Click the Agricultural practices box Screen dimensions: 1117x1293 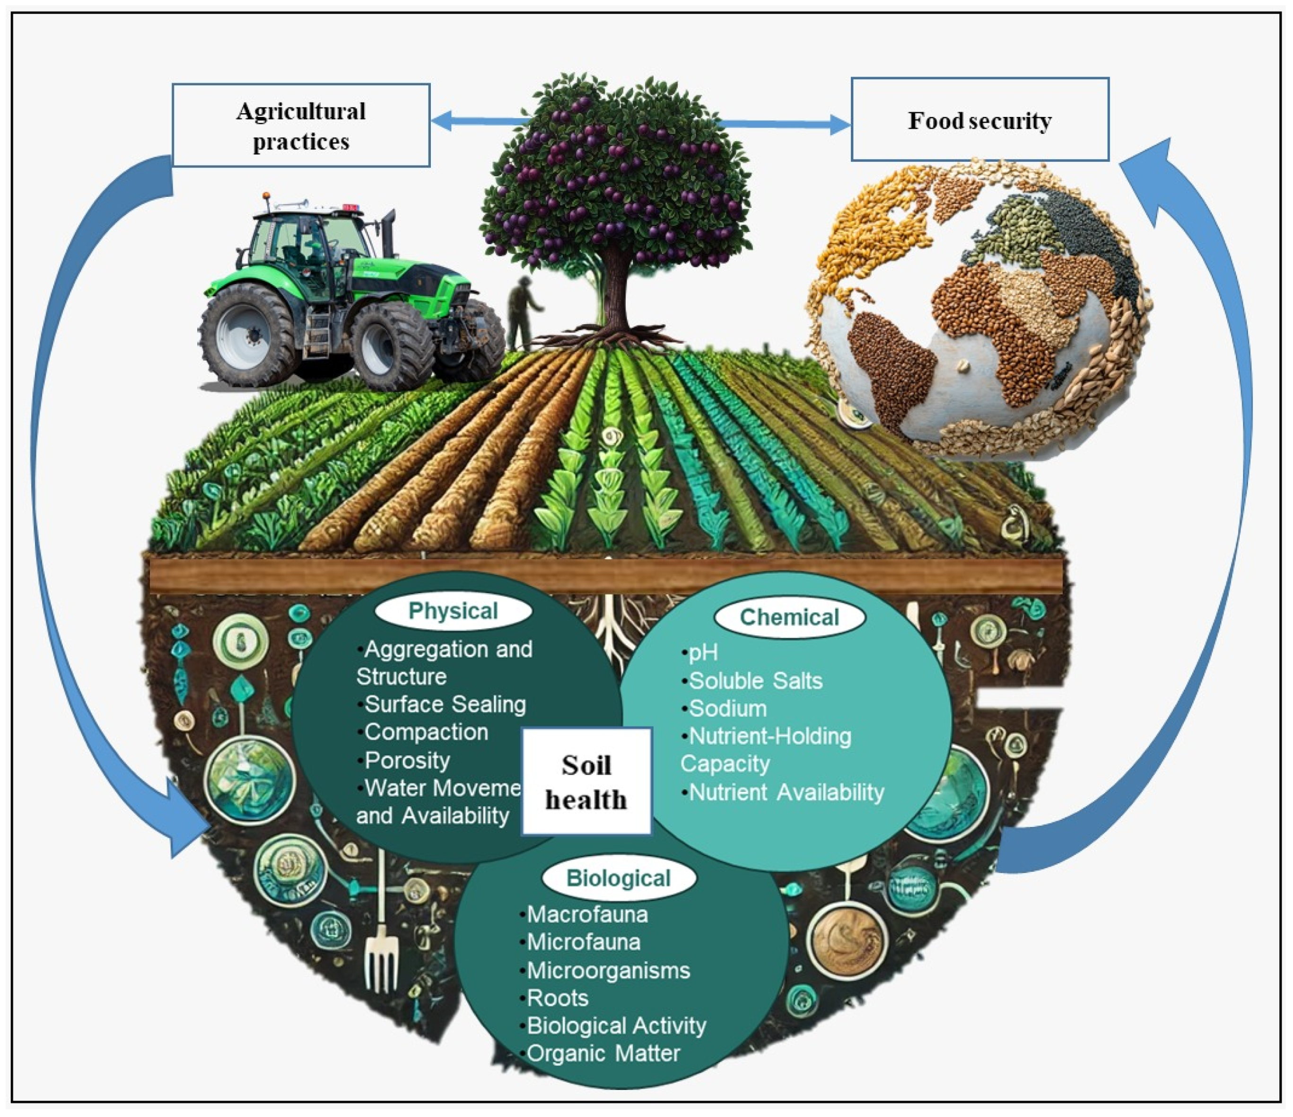[x=301, y=125]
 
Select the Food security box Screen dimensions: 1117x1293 [x=980, y=120]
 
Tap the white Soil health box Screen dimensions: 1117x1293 [x=586, y=782]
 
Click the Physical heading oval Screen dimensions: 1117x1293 [x=453, y=611]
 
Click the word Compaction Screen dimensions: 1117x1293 [x=426, y=732]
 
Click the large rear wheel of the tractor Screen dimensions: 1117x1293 [x=248, y=335]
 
